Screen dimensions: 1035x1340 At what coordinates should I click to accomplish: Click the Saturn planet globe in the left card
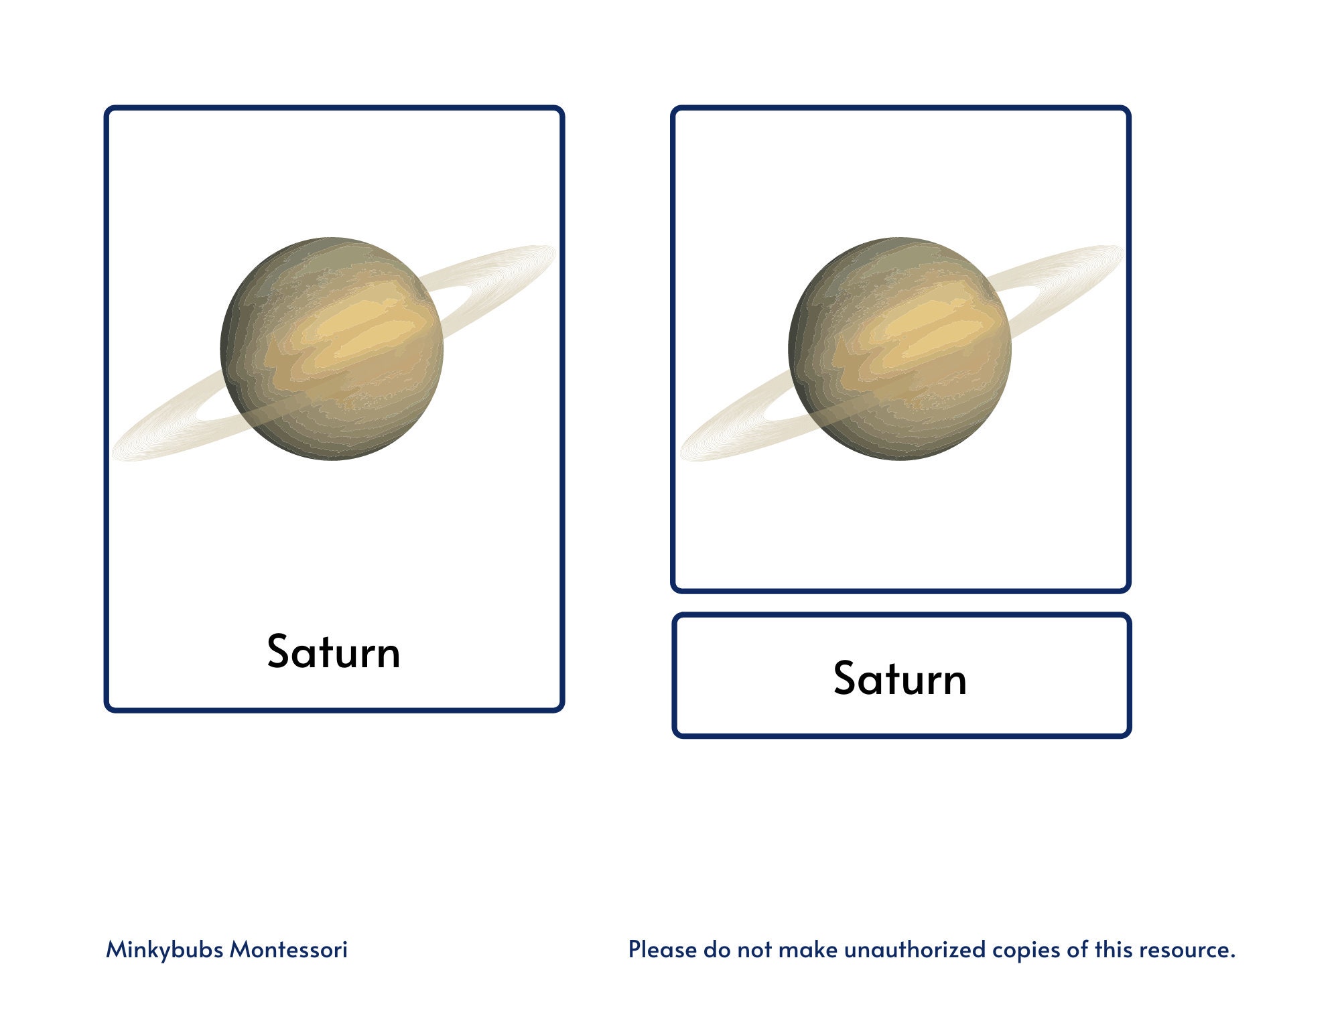[x=332, y=348]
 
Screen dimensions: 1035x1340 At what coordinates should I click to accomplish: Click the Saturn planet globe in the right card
[x=900, y=348]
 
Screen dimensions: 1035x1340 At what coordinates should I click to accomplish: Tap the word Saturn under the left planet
[x=334, y=652]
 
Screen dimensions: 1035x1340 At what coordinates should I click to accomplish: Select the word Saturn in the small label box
[x=900, y=679]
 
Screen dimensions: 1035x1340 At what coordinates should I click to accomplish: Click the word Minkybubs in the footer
[x=164, y=950]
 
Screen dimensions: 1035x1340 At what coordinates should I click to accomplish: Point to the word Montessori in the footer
[x=289, y=950]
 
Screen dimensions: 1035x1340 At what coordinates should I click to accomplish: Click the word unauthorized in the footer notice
[x=915, y=950]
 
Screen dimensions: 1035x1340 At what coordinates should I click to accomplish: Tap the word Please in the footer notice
[x=662, y=950]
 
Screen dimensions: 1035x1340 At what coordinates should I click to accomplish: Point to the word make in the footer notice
[x=807, y=950]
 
